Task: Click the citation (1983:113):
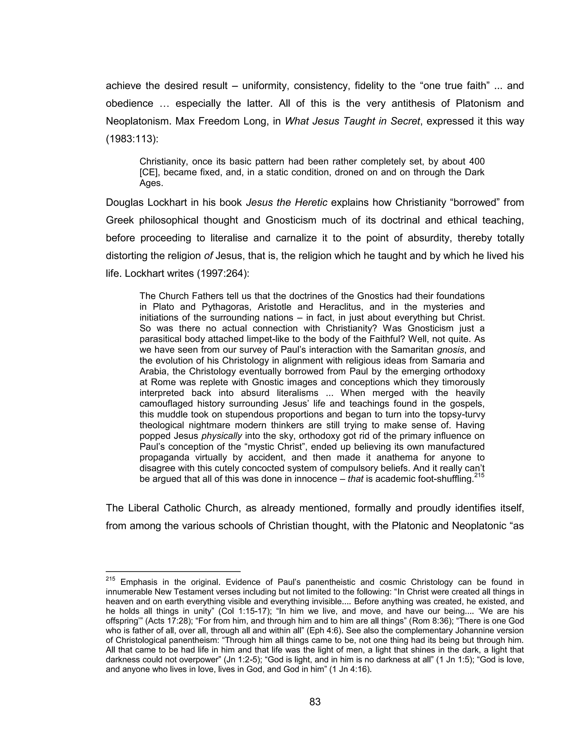coord(132,139)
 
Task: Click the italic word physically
coord(222,436)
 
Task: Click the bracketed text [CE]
coord(150,172)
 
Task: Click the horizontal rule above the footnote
coord(173,571)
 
